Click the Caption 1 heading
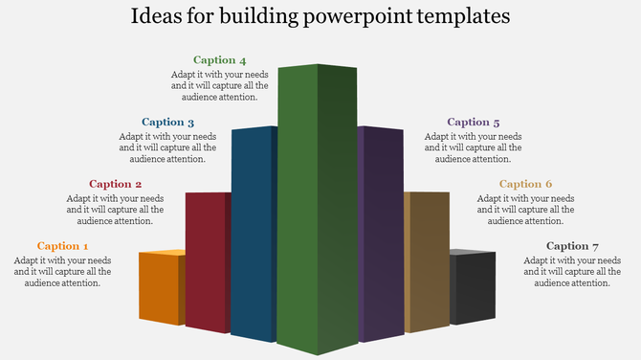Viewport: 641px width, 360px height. pos(63,246)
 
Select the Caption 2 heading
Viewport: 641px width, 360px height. pos(116,184)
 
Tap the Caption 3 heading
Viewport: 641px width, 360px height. pos(168,123)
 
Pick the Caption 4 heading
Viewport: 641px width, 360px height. pos(220,60)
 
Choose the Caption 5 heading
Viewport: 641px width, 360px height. pos(474,123)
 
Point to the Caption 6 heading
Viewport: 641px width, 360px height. pos(526,184)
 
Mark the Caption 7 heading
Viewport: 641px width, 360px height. pos(573,246)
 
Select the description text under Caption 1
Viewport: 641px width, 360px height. pos(63,271)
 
